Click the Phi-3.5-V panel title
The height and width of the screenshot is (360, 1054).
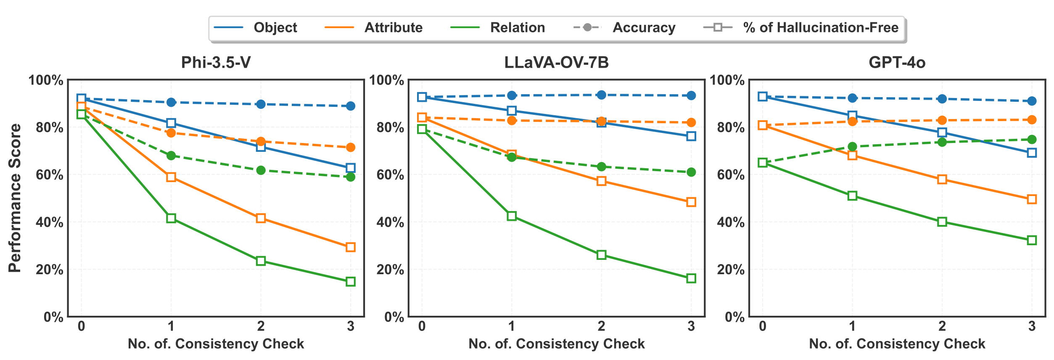pos(216,63)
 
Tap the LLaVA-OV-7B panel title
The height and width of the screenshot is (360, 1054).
pos(556,63)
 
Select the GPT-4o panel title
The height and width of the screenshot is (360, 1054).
pos(897,63)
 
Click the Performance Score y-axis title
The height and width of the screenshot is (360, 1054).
pos(15,198)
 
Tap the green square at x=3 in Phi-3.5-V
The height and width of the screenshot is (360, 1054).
pos(351,282)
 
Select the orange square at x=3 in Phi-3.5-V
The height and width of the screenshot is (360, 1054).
pos(351,247)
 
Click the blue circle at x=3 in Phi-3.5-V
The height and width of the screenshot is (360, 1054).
pos(351,106)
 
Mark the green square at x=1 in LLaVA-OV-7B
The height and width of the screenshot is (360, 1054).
pos(512,216)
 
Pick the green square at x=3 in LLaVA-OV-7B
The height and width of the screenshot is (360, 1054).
pos(691,278)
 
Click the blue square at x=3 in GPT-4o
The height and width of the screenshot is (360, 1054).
pos(1032,153)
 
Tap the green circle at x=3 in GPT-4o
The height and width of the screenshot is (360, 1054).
pos(1032,140)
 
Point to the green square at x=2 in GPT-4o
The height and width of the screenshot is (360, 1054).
pos(942,222)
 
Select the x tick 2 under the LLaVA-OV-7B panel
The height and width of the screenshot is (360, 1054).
pos(601,326)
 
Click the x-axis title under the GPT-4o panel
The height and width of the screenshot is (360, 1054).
pos(897,344)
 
